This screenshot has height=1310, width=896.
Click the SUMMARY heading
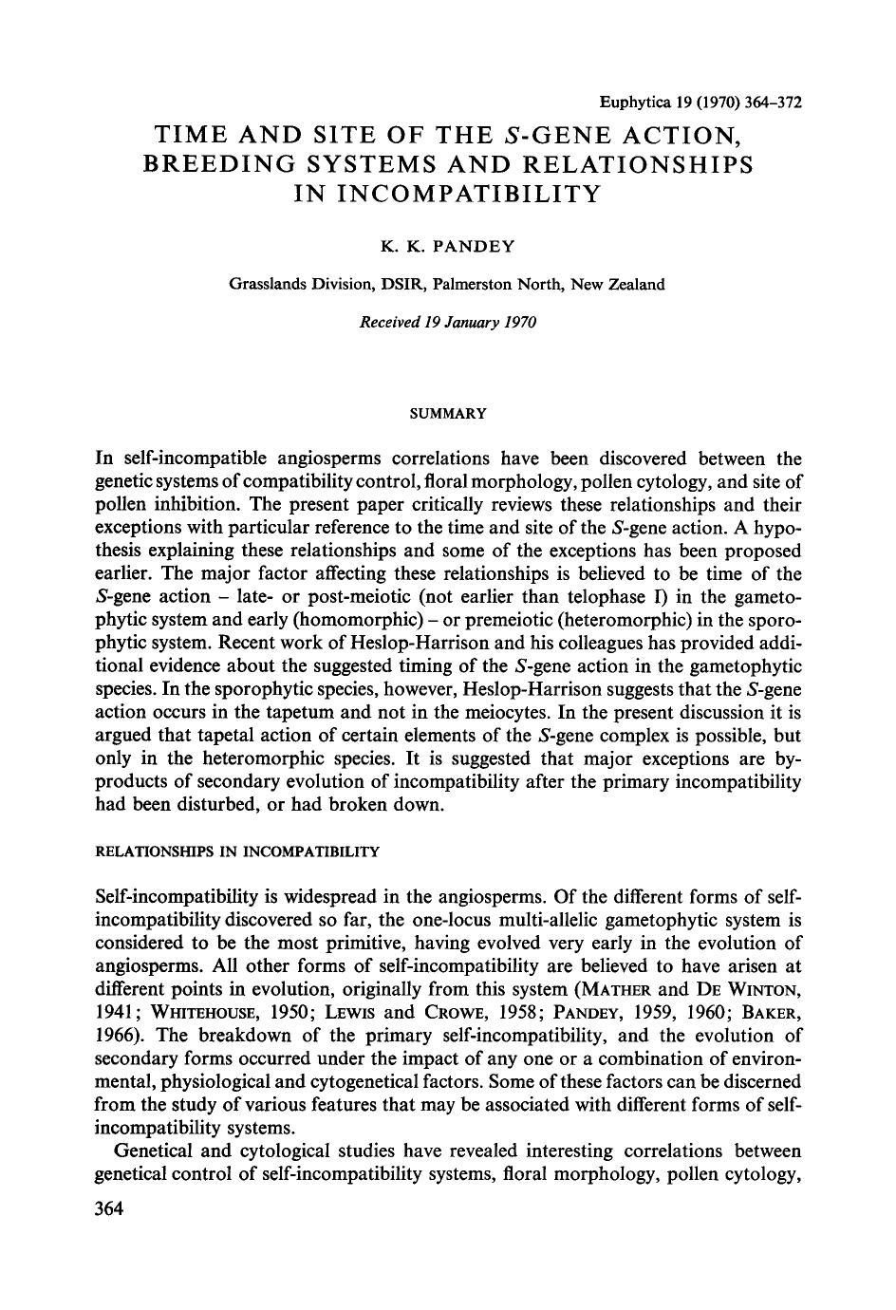[447, 414]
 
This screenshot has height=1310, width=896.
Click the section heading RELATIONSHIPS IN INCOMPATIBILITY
[237, 851]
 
